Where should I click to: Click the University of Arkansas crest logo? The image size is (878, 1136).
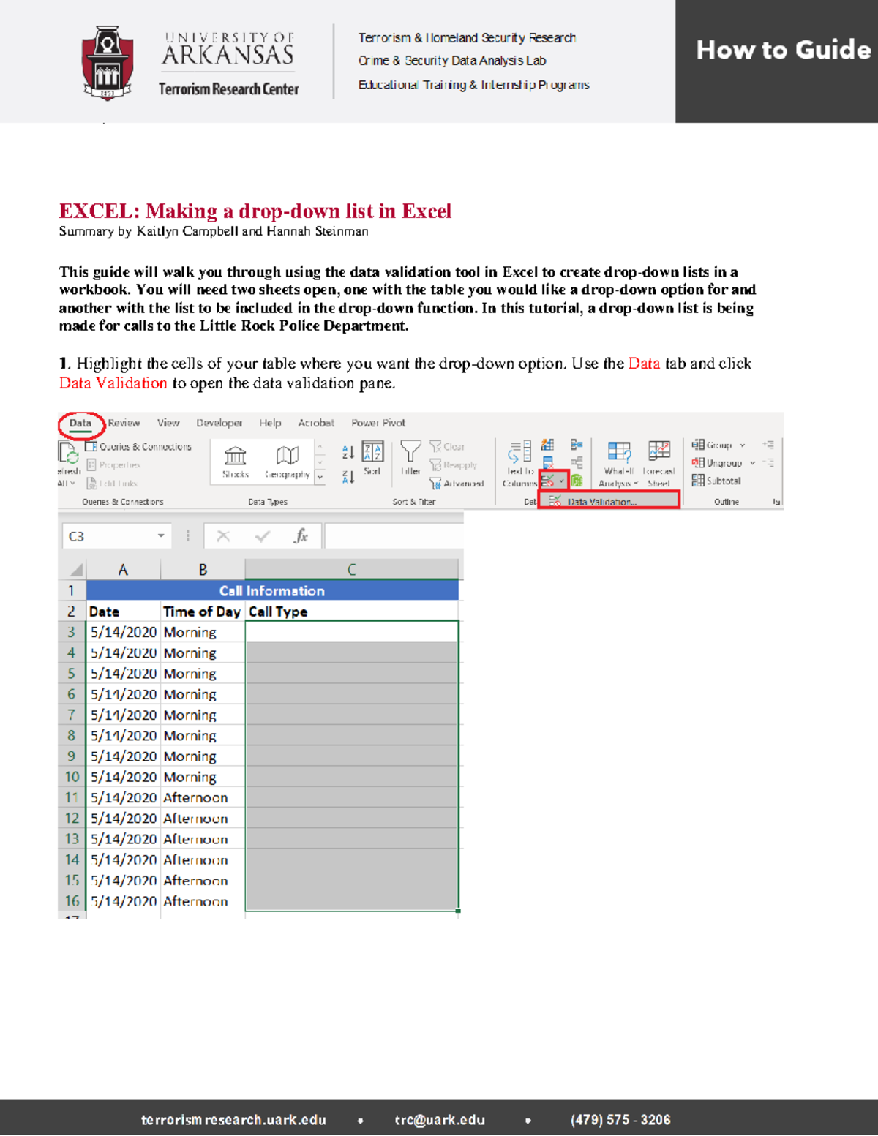coord(108,63)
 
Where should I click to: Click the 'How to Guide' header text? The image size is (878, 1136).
coord(783,50)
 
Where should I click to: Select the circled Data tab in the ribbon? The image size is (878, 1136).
coord(80,424)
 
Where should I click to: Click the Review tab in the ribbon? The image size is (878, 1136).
coord(124,424)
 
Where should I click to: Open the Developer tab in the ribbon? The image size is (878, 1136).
coord(219,424)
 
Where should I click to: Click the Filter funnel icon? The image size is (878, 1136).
coord(410,454)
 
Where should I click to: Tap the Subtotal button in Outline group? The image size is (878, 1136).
coord(717,481)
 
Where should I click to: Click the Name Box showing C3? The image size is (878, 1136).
coord(116,536)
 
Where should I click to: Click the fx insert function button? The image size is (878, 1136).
coord(301,536)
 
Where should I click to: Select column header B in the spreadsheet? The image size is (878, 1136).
coord(203,570)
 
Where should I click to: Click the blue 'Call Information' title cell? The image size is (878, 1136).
coord(272,591)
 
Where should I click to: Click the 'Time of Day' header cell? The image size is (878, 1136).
coord(202,612)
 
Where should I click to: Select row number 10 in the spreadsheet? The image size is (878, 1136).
coord(72,777)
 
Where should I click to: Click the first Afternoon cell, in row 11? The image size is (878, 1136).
coord(195,798)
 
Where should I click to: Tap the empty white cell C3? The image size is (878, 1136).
coord(351,632)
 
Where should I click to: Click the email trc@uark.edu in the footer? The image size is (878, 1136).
coord(440,1120)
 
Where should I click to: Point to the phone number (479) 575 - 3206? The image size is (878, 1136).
coord(620,1120)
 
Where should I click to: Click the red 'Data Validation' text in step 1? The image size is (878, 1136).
coord(113,383)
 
